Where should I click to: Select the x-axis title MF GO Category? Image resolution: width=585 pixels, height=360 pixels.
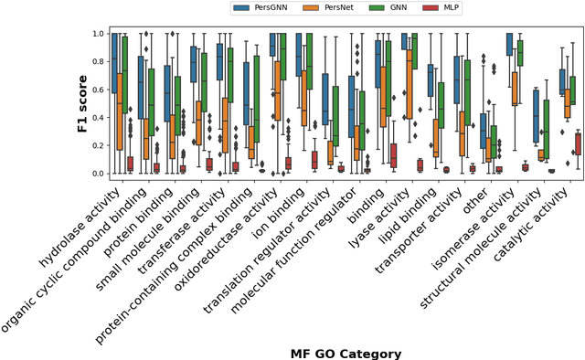346,353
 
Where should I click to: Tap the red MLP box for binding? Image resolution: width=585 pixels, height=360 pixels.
392,155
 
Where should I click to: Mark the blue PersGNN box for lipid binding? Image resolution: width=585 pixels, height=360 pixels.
430,80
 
